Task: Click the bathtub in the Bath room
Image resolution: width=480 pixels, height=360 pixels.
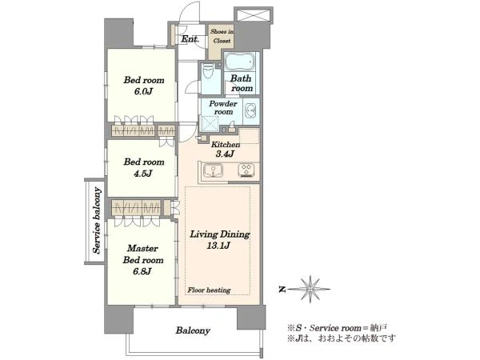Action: [240, 62]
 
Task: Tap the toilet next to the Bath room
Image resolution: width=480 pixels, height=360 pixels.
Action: [208, 70]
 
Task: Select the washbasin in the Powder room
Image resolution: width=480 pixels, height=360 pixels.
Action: [251, 110]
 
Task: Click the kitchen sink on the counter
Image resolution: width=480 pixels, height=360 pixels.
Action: [213, 170]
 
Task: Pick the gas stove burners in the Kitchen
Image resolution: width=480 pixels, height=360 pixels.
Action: [246, 170]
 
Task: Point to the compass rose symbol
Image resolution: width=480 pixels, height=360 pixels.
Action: [310, 289]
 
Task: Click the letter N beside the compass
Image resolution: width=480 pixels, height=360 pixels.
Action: [282, 289]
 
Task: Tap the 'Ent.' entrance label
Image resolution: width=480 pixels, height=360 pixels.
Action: [190, 39]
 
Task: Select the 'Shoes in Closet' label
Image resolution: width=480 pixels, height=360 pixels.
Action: [222, 36]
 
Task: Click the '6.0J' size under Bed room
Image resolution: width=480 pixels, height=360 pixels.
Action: [143, 91]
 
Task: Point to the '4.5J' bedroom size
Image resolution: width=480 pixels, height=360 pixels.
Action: [143, 174]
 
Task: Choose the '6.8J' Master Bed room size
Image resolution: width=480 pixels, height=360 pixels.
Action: [142, 271]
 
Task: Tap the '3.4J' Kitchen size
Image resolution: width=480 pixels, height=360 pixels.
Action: [225, 154]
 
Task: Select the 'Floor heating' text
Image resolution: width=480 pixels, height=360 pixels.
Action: [209, 290]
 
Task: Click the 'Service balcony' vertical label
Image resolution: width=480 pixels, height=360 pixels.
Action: [97, 221]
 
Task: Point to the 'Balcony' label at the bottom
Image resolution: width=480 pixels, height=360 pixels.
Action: [193, 330]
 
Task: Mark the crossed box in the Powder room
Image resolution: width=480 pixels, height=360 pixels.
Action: [210, 124]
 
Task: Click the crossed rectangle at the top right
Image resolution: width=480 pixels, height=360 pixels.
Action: [253, 15]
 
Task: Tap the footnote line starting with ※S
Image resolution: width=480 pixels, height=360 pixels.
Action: [338, 328]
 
